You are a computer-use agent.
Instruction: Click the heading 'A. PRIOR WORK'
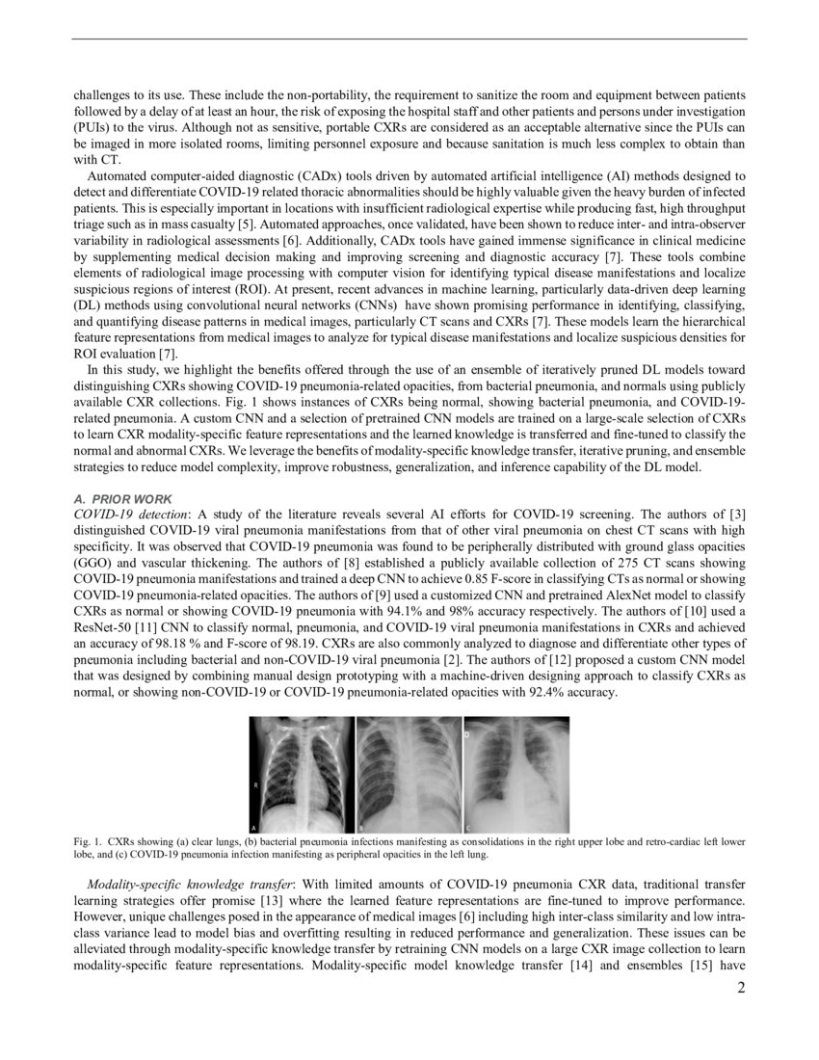coord(123,499)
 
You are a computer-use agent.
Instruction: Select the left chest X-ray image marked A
coord(302,775)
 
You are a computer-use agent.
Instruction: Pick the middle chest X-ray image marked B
coord(409,775)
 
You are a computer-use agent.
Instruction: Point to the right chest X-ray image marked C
coord(516,775)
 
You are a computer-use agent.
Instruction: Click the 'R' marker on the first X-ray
coord(255,785)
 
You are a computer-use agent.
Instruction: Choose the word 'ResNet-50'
coord(102,633)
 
